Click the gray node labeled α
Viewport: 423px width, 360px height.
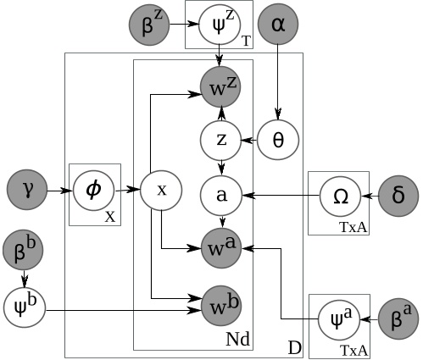[279, 26]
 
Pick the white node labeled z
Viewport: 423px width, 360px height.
[221, 137]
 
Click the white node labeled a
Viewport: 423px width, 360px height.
[221, 195]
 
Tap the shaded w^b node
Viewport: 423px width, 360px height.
[221, 302]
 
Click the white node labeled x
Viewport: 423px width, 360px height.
[161, 191]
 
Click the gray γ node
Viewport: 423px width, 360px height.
[25, 191]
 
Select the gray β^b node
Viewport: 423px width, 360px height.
[25, 250]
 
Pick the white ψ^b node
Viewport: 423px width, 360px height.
[25, 302]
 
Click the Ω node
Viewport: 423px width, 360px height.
[340, 196]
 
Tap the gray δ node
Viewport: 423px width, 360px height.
[398, 196]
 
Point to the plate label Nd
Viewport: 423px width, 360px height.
[238, 339]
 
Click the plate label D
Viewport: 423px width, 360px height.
[293, 348]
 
